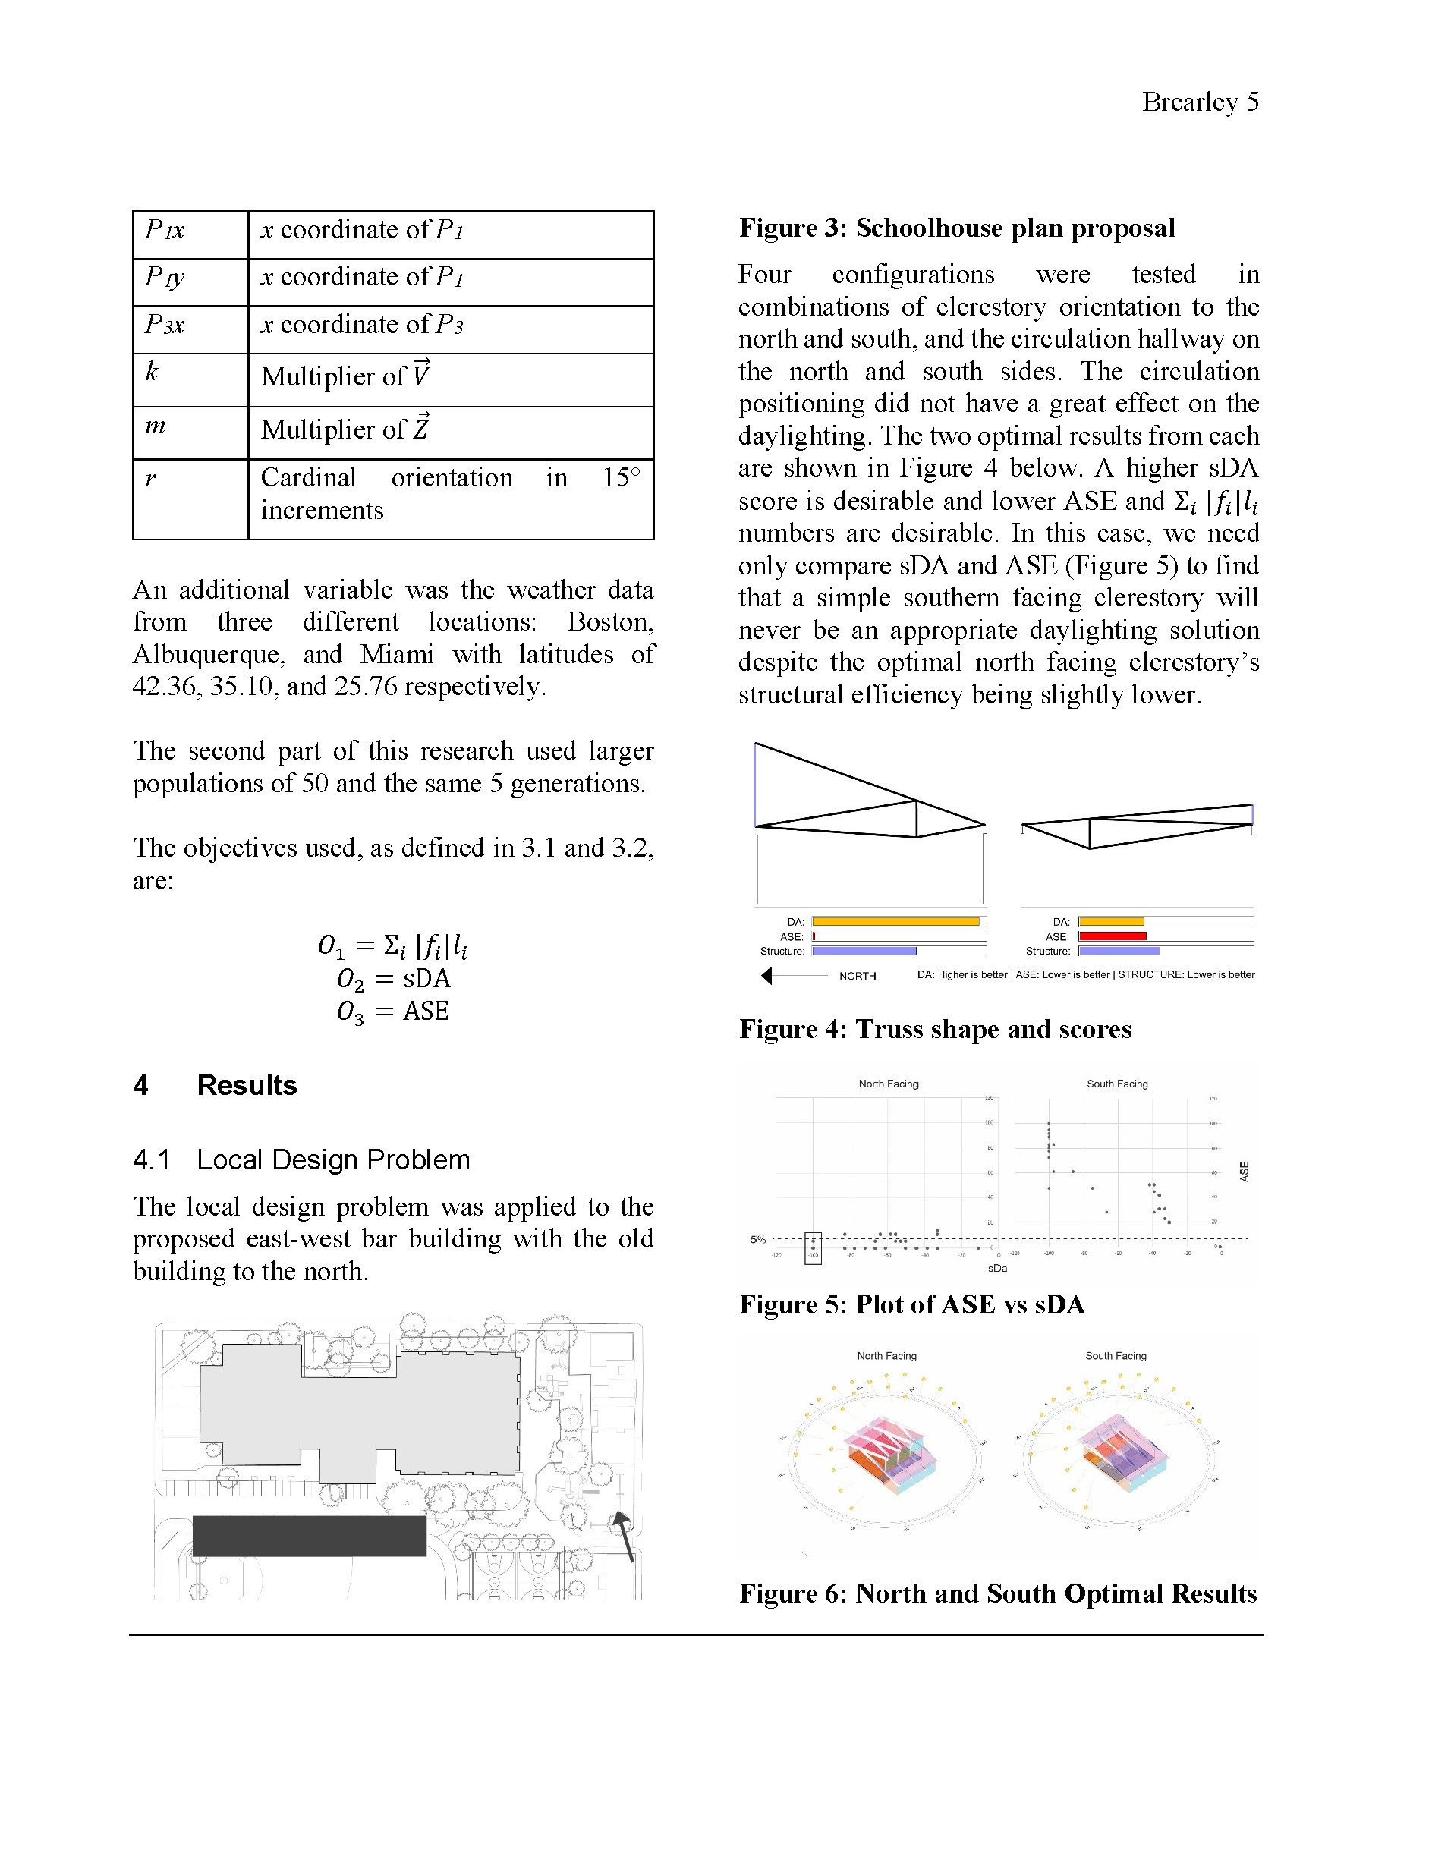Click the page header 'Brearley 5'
[x=1200, y=102]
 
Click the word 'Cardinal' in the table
[x=308, y=478]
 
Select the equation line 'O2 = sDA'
[x=394, y=979]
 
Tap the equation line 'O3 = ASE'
[x=394, y=1011]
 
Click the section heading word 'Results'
[x=247, y=1085]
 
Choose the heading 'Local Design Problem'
[x=332, y=1159]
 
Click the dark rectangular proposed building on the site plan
[x=309, y=1536]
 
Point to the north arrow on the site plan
[x=625, y=1534]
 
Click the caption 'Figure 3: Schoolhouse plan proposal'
[x=956, y=228]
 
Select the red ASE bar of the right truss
[x=1113, y=936]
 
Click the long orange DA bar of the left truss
[x=895, y=921]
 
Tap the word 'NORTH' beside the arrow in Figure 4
[x=857, y=977]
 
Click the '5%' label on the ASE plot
[x=757, y=1240]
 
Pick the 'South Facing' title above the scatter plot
[x=1116, y=1084]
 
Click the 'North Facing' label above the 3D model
[x=886, y=1356]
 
